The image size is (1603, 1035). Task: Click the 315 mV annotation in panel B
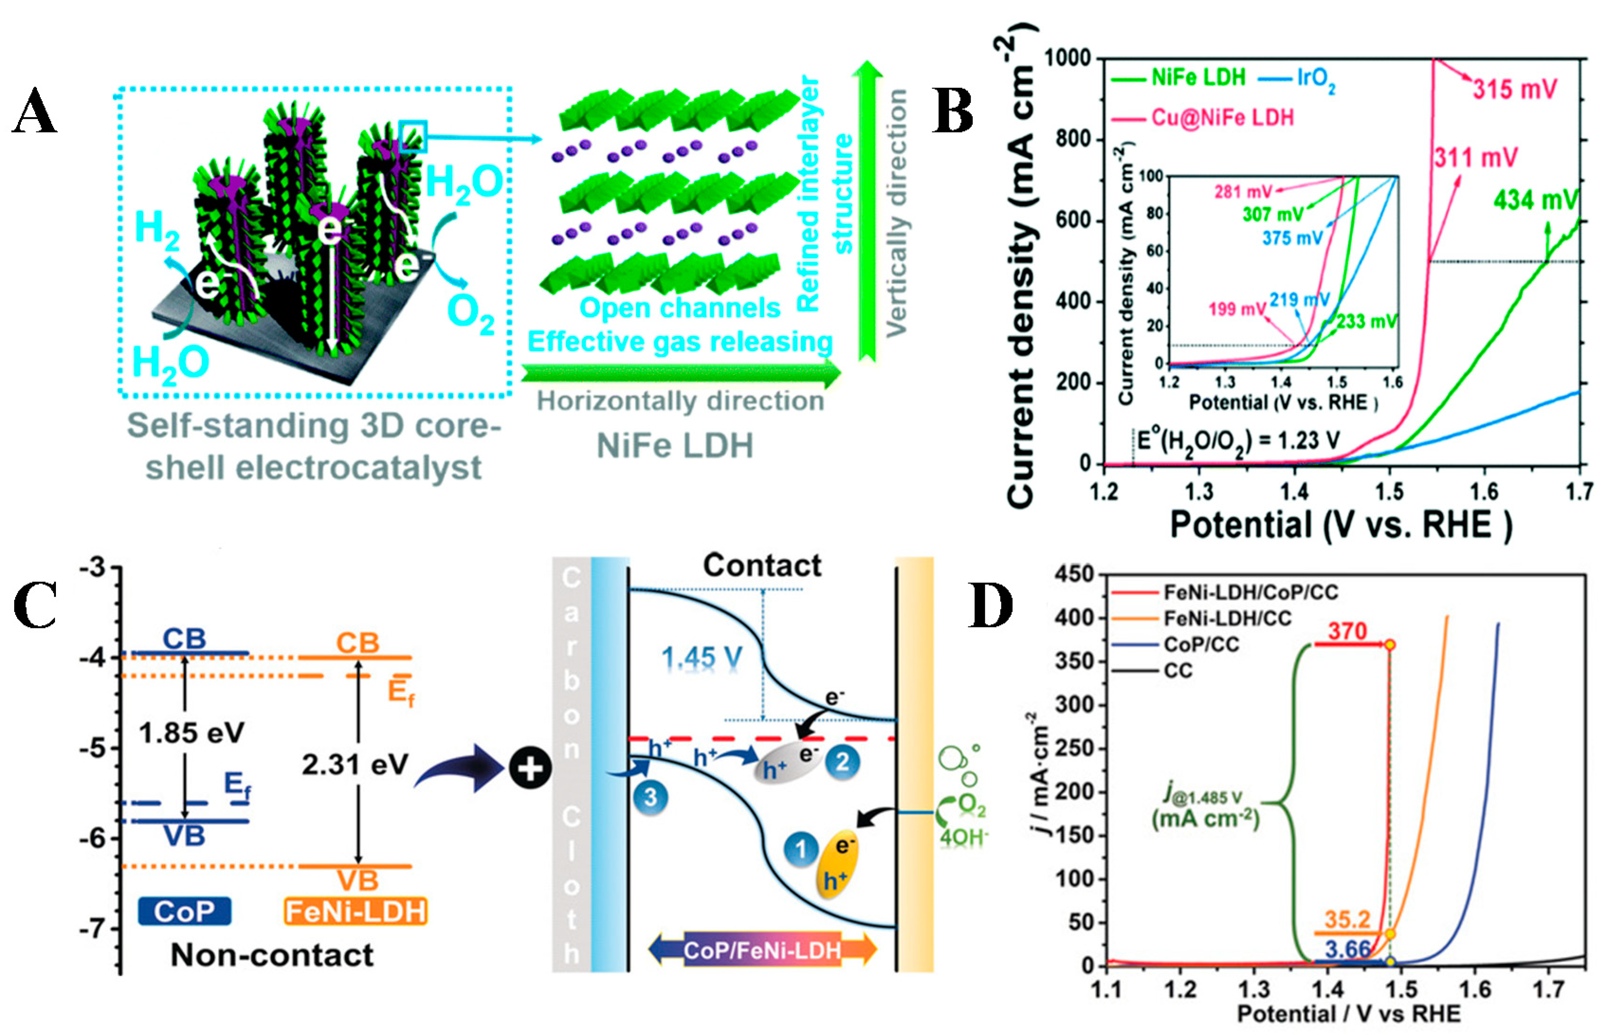point(1514,89)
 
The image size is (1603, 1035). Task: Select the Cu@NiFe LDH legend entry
point(1222,118)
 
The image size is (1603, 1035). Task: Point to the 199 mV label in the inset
point(1237,309)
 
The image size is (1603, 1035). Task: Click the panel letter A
point(35,111)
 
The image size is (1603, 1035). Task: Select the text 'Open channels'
point(680,308)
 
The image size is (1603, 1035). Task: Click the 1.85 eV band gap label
point(191,733)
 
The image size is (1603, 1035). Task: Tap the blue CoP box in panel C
point(185,911)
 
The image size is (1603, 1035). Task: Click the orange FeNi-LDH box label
point(355,912)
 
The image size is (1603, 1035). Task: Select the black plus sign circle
point(530,768)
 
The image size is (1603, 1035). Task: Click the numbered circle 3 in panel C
point(650,798)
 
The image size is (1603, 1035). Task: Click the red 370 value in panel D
point(1347,631)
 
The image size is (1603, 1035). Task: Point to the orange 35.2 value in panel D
point(1347,919)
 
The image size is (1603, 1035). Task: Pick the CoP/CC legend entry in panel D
point(1201,645)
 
